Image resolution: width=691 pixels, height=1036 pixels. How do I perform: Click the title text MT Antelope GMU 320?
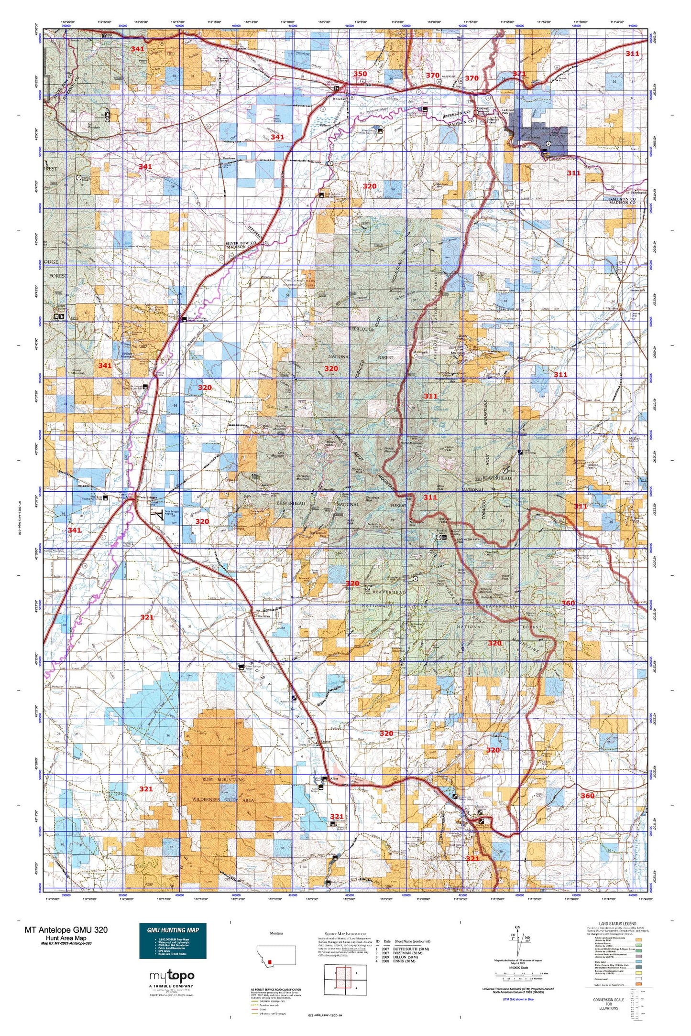tap(66, 929)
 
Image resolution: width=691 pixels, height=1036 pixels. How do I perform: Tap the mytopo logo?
tap(172, 976)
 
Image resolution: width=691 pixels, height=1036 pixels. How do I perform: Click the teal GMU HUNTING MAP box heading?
tap(173, 930)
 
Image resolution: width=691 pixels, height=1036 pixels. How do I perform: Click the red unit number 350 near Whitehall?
tap(360, 74)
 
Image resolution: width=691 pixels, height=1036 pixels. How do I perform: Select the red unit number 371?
tap(519, 74)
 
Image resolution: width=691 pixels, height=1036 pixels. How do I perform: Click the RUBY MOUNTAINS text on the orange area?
tap(224, 779)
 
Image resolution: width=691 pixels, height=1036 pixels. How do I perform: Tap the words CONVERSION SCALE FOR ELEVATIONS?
tap(608, 1004)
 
